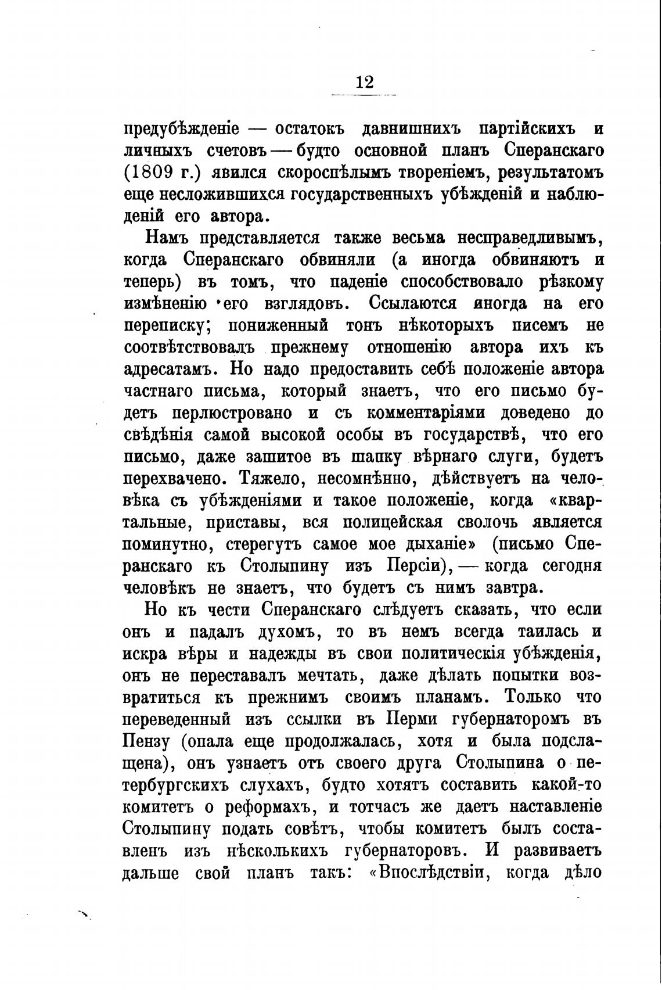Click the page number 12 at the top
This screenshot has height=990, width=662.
click(x=364, y=82)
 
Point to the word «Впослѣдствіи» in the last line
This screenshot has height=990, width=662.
click(x=431, y=873)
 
